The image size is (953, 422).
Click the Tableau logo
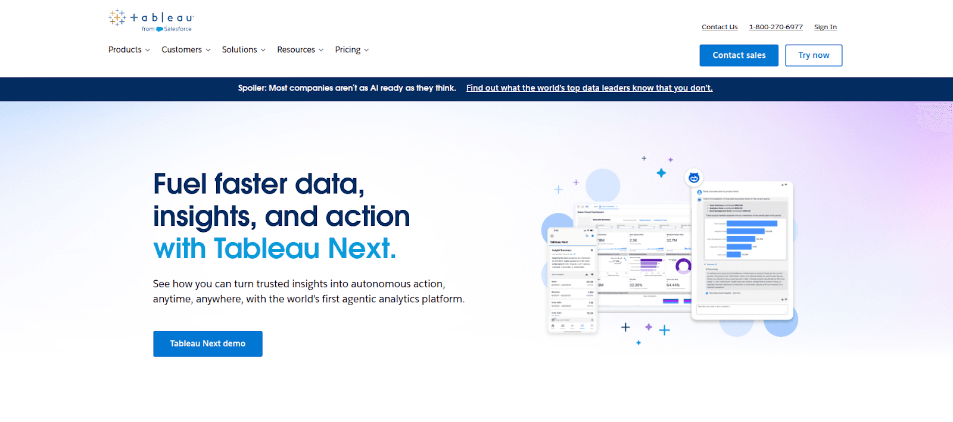point(151,18)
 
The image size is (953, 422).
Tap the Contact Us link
point(720,27)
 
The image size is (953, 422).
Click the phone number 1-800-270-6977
point(776,27)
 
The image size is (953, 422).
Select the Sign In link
point(825,27)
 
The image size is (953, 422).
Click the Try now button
point(813,55)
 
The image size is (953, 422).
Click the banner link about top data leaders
point(589,88)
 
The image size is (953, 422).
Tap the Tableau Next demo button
point(208,344)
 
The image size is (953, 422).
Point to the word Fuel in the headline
point(180,184)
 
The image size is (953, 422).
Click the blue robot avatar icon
point(694,178)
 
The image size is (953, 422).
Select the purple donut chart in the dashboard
point(683,266)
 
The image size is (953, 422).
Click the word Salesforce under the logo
point(177,29)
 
